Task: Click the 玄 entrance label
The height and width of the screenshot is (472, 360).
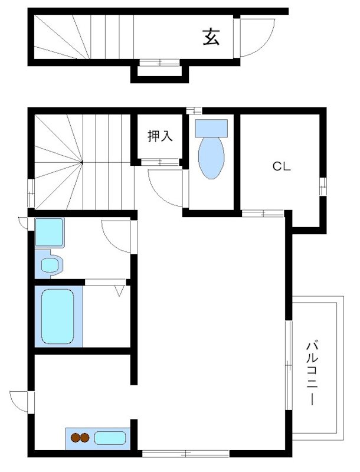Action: [x=211, y=37]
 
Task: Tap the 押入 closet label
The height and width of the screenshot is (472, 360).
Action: [x=160, y=136]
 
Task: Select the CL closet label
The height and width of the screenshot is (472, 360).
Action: [x=282, y=166]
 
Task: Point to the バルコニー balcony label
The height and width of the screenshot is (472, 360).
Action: [x=312, y=373]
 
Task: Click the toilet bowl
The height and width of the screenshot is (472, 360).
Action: [x=211, y=158]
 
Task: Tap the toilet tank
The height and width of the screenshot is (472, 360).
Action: [x=211, y=128]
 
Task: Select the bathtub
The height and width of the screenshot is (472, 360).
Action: [x=57, y=316]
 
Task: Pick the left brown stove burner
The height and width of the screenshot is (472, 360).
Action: [x=76, y=437]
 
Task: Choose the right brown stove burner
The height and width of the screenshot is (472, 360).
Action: [x=85, y=437]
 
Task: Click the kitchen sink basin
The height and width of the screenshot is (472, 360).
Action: [x=110, y=438]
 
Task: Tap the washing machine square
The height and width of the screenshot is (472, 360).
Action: [x=50, y=232]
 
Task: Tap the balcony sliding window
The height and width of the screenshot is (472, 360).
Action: [x=289, y=365]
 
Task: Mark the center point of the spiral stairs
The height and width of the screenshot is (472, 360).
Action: [x=82, y=163]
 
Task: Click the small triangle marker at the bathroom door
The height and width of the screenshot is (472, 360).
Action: [x=119, y=291]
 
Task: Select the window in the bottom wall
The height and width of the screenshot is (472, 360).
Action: [x=185, y=453]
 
